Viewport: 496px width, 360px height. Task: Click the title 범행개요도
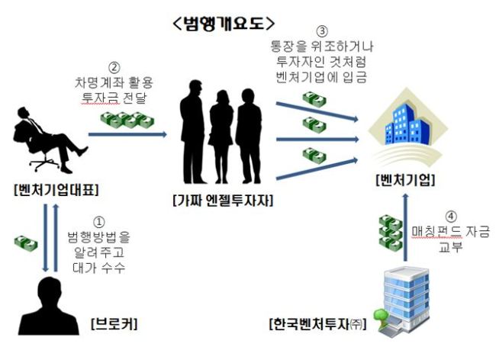(x=224, y=24)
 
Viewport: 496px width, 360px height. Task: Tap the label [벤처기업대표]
(x=56, y=190)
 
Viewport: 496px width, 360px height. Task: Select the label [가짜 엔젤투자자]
(x=223, y=201)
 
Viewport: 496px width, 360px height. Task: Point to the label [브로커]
(x=114, y=323)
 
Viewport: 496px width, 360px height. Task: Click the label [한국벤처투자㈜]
(x=317, y=324)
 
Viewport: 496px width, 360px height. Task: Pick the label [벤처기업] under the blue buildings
(x=405, y=180)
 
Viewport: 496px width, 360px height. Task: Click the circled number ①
(x=99, y=222)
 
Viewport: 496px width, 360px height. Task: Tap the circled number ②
(x=114, y=68)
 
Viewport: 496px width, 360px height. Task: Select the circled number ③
(x=322, y=31)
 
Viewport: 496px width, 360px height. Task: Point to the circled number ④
(x=451, y=217)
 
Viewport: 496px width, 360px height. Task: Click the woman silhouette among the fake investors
(x=221, y=137)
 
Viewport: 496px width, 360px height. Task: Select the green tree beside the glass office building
(x=380, y=317)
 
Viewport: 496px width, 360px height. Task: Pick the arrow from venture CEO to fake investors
(x=127, y=135)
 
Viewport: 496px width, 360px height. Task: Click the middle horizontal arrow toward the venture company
(x=317, y=139)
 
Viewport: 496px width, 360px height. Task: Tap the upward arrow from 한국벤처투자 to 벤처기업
(x=405, y=227)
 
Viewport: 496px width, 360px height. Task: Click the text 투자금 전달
(x=114, y=98)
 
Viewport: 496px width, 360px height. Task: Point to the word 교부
(x=451, y=246)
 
